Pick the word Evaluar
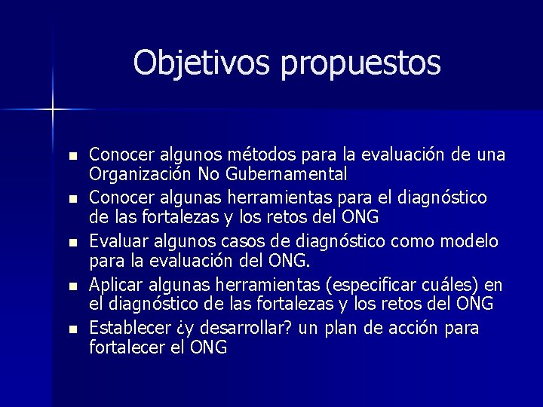point(115,241)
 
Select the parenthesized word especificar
point(358,285)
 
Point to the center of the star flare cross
point(54,110)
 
